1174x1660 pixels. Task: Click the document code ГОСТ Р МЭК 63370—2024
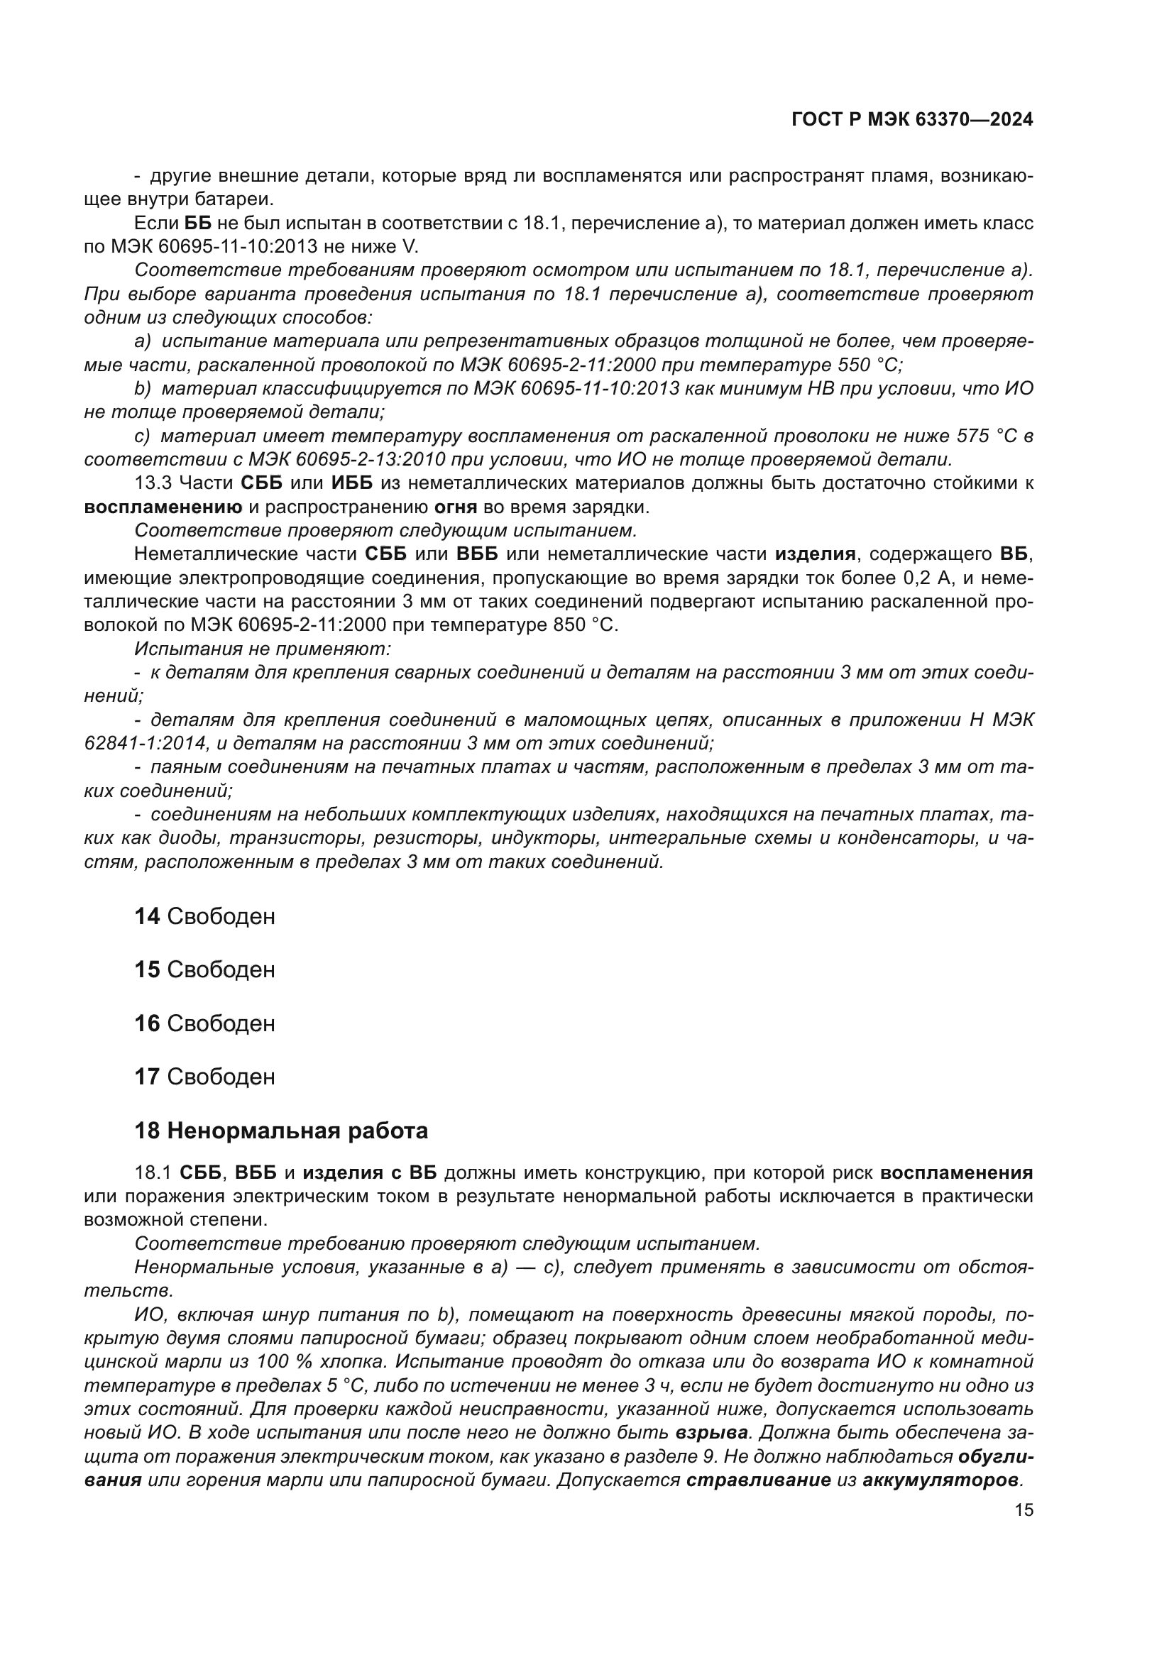click(x=912, y=120)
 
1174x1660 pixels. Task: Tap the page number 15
click(x=1024, y=1510)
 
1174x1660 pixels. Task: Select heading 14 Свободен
click(x=204, y=917)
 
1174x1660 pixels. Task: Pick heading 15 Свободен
click(x=204, y=969)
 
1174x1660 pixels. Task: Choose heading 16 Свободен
click(x=204, y=1023)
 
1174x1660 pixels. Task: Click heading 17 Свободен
click(x=204, y=1077)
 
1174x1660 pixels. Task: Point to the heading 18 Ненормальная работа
click(x=281, y=1131)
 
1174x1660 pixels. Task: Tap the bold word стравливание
click(x=758, y=1480)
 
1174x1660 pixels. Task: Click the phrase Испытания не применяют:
click(x=263, y=649)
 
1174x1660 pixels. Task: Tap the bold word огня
click(x=456, y=507)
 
